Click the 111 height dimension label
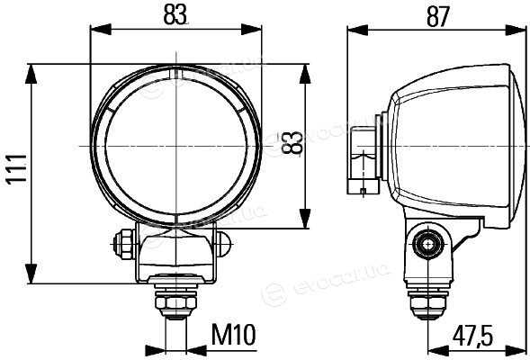[17, 168]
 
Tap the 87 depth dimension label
[437, 16]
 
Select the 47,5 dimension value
[472, 336]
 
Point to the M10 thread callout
[234, 334]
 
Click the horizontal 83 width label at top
[175, 15]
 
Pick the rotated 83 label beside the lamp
[291, 142]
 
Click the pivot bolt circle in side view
[428, 244]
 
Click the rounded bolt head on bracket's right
[223, 243]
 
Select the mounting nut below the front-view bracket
[176, 303]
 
